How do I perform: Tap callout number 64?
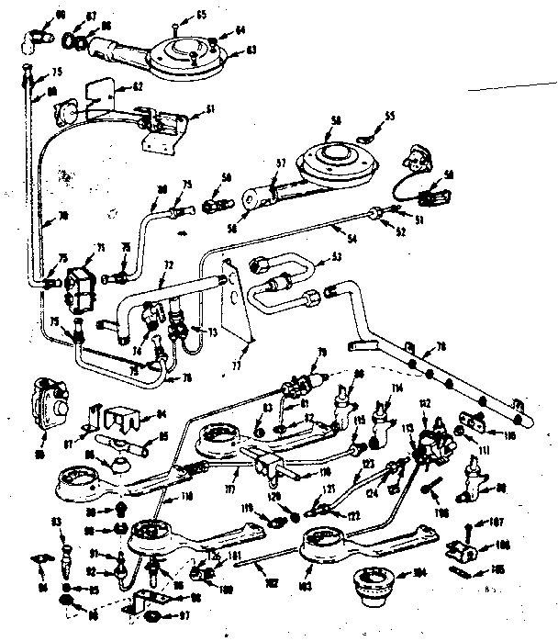[x=241, y=30]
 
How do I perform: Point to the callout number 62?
[x=138, y=85]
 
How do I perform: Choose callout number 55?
[x=389, y=117]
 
